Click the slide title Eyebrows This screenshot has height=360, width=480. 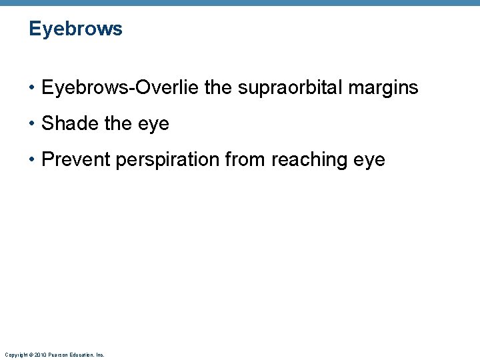click(x=75, y=29)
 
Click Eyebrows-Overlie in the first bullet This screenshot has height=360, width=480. click(x=119, y=88)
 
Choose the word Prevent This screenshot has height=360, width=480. click(x=76, y=160)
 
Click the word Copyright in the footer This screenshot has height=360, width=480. click(x=15, y=355)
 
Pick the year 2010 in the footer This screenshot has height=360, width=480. click(x=39, y=355)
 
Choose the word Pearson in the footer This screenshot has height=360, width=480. click(x=57, y=355)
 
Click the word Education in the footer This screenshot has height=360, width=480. click(x=83, y=355)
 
